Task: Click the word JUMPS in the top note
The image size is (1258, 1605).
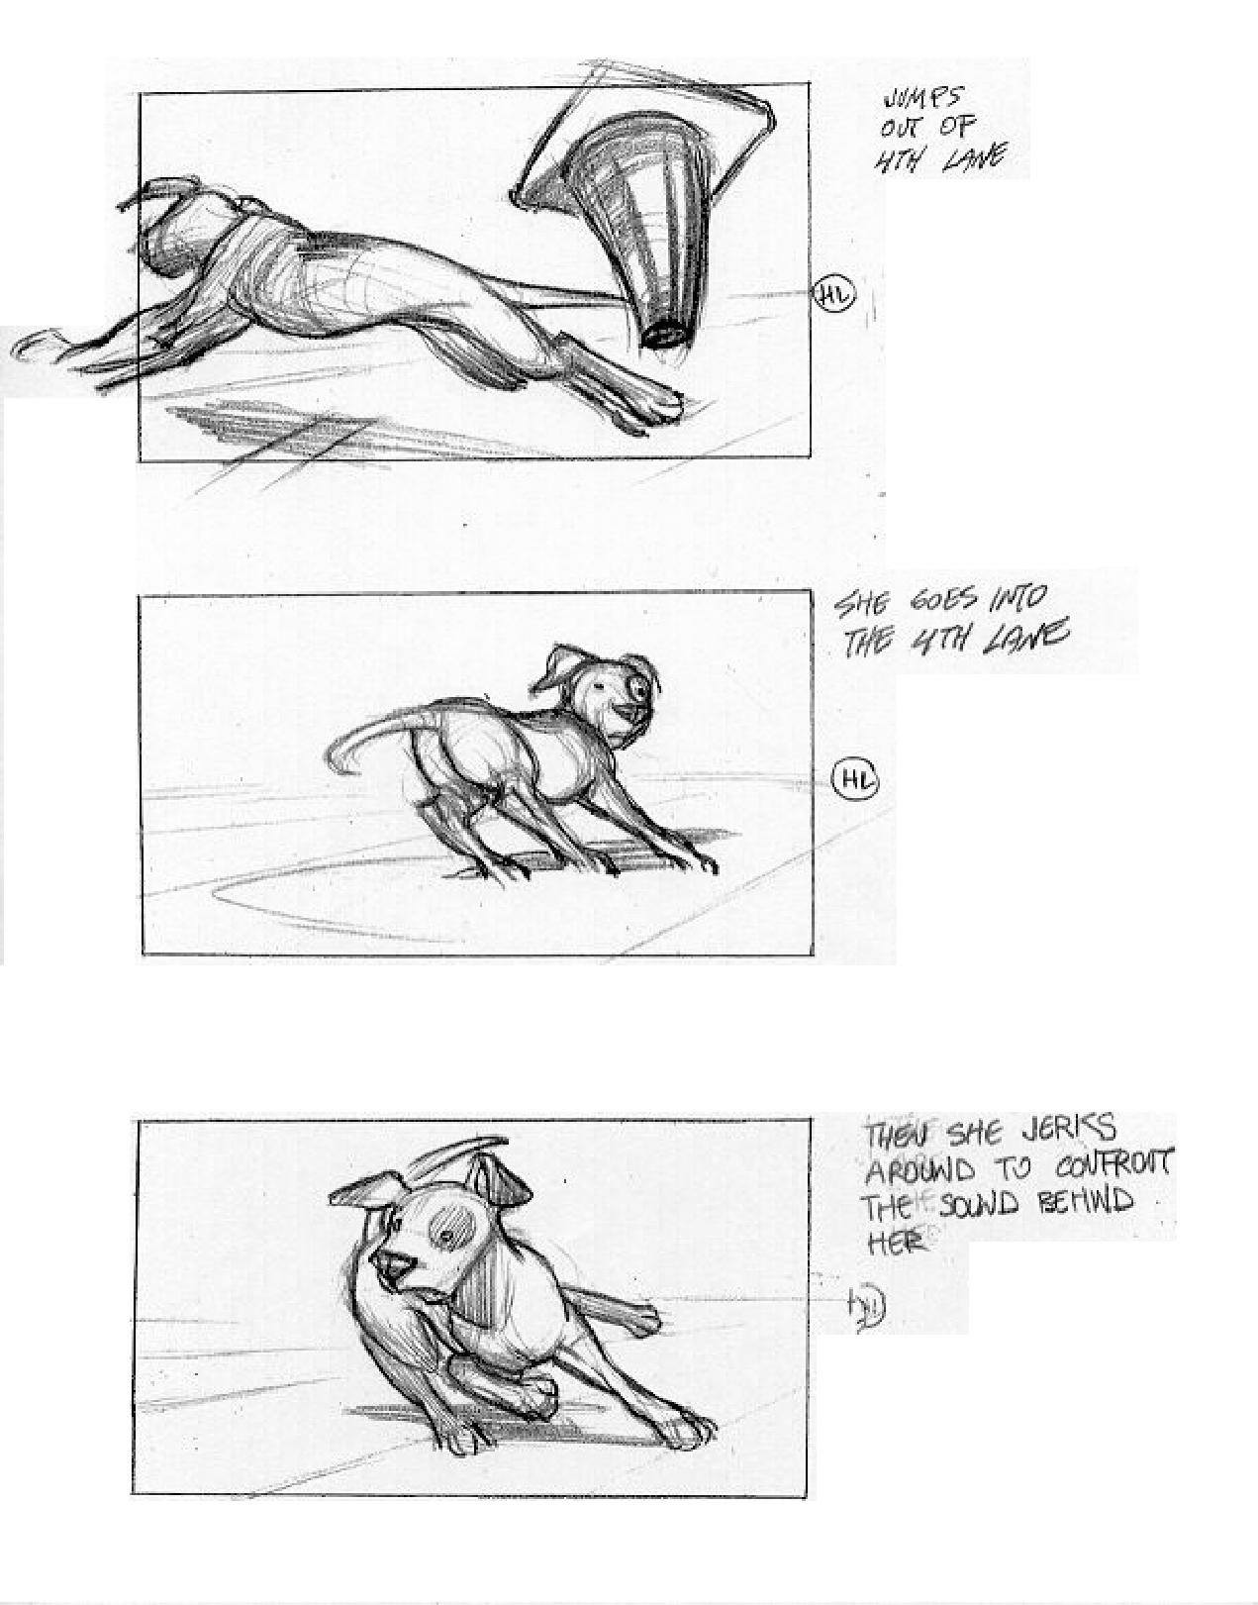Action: tap(920, 100)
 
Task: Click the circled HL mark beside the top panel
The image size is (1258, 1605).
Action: tap(834, 295)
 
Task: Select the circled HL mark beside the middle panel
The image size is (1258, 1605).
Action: tap(856, 781)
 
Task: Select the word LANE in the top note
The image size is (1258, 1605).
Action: tap(975, 157)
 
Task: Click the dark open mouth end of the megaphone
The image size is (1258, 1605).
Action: tap(662, 334)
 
